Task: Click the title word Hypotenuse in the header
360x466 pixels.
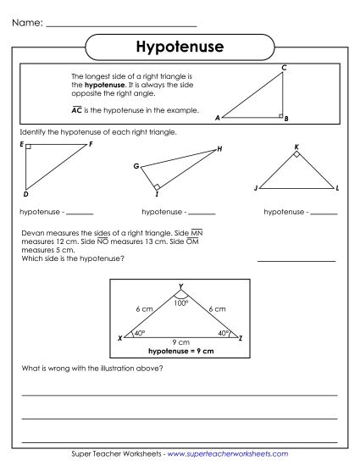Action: [x=180, y=47]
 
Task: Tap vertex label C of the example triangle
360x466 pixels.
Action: [x=283, y=67]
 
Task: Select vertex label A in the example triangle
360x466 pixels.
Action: [x=218, y=119]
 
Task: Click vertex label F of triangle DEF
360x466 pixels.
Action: [x=91, y=144]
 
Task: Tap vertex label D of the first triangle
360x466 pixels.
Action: [x=26, y=192]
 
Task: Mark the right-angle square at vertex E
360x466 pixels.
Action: [x=28, y=147]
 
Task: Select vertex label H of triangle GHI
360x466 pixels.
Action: [x=219, y=149]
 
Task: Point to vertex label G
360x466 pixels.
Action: [x=136, y=166]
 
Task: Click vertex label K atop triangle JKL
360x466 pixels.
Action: [x=296, y=147]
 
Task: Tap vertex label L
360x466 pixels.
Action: [x=337, y=187]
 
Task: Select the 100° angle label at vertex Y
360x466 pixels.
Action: [x=180, y=302]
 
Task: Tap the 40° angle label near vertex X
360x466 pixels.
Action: [x=140, y=333]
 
